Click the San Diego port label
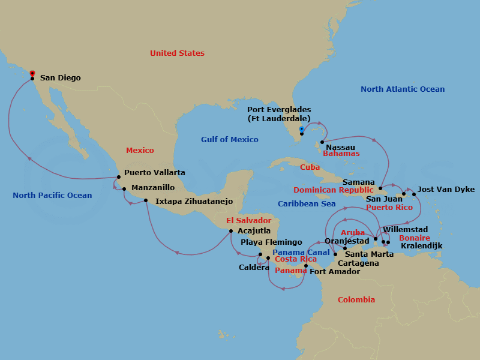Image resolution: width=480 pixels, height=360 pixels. (x=60, y=77)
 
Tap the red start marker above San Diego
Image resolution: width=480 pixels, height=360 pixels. (x=32, y=73)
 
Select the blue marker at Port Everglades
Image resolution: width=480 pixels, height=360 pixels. (x=302, y=128)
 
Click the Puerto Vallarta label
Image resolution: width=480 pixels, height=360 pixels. (x=154, y=172)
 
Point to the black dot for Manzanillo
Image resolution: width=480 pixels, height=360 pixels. (x=124, y=189)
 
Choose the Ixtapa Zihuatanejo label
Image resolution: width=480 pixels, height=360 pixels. (x=194, y=201)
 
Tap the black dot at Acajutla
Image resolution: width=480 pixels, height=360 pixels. (x=231, y=230)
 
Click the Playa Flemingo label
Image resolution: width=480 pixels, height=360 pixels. (x=271, y=242)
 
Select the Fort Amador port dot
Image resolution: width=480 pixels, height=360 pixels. (x=306, y=265)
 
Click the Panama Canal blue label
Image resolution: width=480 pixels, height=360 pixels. (x=301, y=252)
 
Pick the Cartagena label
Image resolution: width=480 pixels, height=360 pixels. (x=358, y=263)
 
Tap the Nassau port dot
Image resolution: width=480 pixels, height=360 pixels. (x=322, y=142)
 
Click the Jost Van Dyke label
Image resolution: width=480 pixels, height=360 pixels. (x=446, y=190)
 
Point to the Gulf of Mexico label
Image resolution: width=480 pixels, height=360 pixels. (x=229, y=140)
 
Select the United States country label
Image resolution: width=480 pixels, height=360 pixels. (x=177, y=53)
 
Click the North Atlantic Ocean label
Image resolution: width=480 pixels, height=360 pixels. (x=403, y=89)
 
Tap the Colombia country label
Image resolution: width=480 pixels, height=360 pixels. (x=356, y=299)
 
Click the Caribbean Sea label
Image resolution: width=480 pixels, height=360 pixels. (x=307, y=204)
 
